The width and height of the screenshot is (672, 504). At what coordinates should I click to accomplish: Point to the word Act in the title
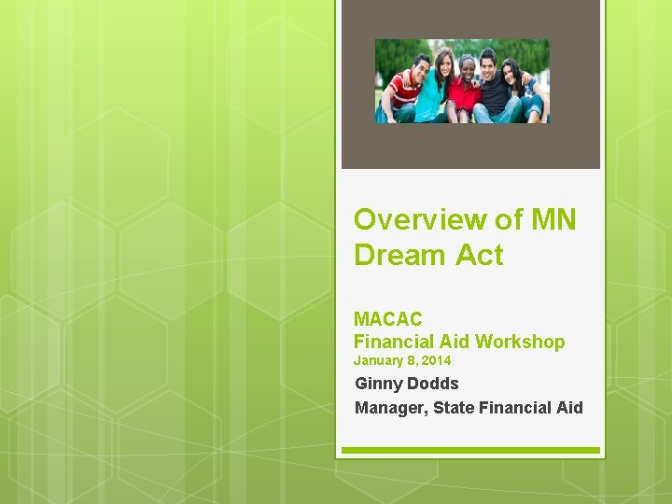click(478, 255)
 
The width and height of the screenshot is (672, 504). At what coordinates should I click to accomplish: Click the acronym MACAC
click(387, 319)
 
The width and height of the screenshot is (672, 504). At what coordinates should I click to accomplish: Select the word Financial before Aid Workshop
click(399, 342)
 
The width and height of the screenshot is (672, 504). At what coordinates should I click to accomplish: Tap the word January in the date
click(378, 360)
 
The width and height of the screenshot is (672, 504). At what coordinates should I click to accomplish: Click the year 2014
click(435, 360)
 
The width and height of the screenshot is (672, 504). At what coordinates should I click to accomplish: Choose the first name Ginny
click(379, 384)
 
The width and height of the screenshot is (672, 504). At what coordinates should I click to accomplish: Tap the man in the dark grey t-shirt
click(491, 89)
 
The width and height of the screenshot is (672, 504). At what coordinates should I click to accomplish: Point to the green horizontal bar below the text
click(469, 450)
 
